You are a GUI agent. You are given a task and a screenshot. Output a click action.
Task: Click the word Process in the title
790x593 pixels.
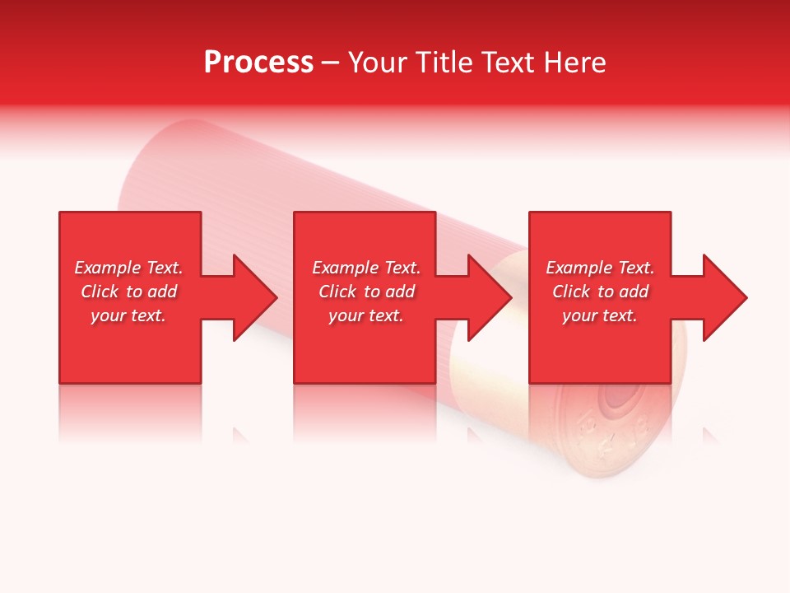(x=258, y=63)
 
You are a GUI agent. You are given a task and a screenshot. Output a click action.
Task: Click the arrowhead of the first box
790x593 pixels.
(x=253, y=297)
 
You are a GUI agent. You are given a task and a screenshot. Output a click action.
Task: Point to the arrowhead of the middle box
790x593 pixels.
(x=488, y=297)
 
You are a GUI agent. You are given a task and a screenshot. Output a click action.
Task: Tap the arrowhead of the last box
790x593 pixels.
(x=723, y=297)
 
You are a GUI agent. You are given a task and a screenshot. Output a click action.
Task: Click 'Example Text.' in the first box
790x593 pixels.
(x=128, y=268)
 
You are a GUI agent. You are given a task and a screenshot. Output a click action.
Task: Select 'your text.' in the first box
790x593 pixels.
(x=128, y=315)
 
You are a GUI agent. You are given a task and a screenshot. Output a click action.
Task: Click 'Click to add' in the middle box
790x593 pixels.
(x=366, y=292)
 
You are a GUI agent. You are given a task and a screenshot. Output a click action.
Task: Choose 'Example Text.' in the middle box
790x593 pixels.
(x=366, y=268)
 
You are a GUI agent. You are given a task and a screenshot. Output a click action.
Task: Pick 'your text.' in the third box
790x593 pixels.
(x=600, y=315)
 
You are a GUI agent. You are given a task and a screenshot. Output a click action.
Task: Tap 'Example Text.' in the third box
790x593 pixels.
(x=600, y=268)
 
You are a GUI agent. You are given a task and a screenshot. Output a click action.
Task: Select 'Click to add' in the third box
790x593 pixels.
(x=600, y=292)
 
